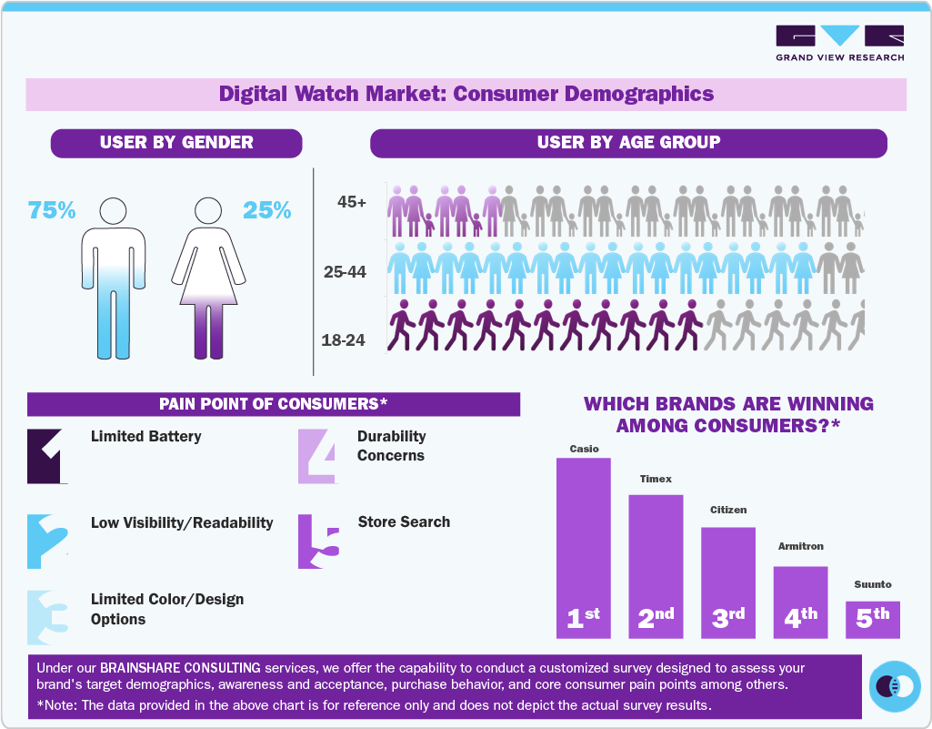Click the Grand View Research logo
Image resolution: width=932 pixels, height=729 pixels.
point(839,43)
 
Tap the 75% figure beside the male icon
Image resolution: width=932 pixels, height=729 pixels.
point(51,210)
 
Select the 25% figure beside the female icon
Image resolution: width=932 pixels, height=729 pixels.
point(266,210)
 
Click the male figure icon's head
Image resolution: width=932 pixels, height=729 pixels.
point(113,210)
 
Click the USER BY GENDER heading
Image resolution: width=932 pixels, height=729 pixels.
point(176,143)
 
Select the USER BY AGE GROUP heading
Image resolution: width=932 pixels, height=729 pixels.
point(628,143)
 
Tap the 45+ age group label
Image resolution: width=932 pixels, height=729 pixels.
point(351,202)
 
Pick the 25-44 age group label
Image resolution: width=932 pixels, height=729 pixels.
point(345,271)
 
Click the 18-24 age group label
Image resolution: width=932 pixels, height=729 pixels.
point(343,340)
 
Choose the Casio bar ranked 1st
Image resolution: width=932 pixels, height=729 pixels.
point(583,546)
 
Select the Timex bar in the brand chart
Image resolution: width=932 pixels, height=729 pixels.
point(656,564)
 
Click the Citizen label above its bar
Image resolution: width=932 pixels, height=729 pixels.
point(727,510)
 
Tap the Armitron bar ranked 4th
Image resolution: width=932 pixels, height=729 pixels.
point(800,601)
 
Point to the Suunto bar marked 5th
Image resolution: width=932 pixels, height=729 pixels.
point(872,619)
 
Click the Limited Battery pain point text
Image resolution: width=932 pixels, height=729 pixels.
point(145,436)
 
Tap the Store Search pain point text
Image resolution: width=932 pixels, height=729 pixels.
point(404,521)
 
